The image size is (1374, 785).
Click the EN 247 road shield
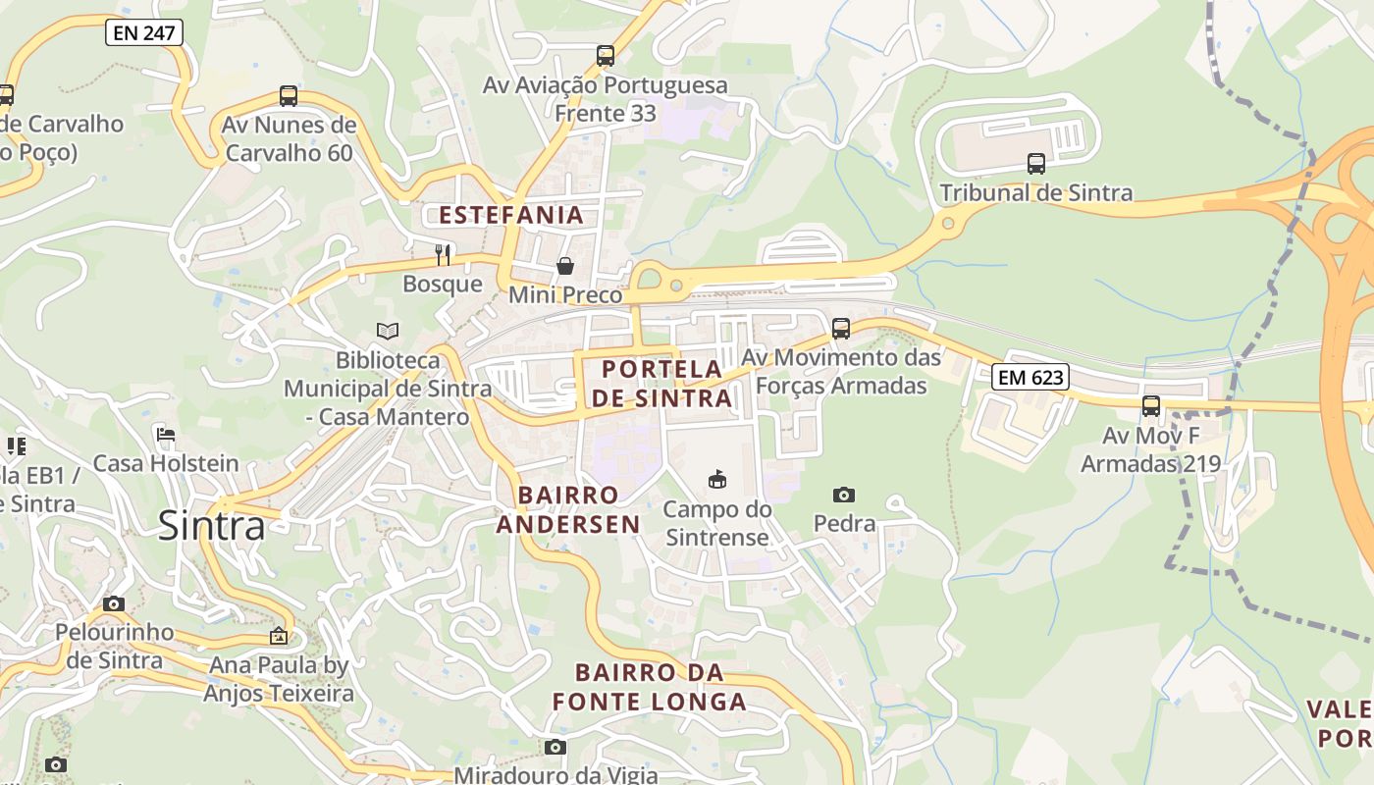click(143, 32)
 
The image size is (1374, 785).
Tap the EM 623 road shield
click(1029, 377)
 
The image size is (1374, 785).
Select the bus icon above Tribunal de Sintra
click(1036, 164)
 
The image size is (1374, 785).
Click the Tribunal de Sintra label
click(1036, 192)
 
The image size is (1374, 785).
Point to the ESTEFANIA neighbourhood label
click(510, 215)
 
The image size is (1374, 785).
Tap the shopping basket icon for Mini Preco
click(565, 265)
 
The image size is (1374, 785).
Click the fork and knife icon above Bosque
click(443, 255)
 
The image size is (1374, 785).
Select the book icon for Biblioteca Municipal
click(388, 332)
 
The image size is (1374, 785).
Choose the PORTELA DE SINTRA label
click(662, 384)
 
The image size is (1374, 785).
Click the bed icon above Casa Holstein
click(166, 435)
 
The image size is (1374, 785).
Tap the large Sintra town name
click(211, 526)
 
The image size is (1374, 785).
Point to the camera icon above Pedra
click(843, 495)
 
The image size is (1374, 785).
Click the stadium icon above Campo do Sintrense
click(717, 480)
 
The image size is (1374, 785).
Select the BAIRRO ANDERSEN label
click(568, 509)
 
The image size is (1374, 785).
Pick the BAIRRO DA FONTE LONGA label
click(649, 687)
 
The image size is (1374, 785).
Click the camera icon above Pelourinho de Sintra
click(114, 603)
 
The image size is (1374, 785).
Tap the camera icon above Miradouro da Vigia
click(555, 748)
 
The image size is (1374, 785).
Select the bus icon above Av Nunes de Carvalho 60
click(288, 96)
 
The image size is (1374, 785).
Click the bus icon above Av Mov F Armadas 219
click(1151, 405)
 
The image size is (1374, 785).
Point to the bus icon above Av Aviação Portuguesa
click(606, 56)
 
